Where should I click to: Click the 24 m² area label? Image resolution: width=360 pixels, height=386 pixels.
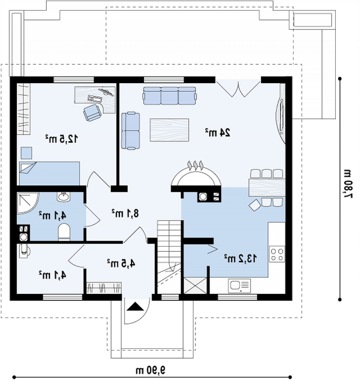(218, 133)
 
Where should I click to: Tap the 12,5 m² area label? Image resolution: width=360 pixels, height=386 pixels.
(62, 139)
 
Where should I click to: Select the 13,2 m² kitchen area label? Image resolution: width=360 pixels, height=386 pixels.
(240, 258)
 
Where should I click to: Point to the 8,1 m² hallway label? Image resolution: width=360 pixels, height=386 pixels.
(125, 213)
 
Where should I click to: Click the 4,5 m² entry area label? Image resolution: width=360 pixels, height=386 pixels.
(121, 263)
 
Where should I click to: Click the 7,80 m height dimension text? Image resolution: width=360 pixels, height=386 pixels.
(348, 183)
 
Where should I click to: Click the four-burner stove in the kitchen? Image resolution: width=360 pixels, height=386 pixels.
(277, 254)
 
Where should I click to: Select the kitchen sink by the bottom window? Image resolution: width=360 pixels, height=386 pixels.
(239, 286)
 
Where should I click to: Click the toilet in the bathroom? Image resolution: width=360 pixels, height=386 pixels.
(64, 232)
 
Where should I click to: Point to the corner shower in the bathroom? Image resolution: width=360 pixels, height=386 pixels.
(28, 204)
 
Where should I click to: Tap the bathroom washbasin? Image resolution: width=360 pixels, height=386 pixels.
(64, 197)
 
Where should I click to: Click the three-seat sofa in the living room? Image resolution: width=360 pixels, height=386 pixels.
(170, 96)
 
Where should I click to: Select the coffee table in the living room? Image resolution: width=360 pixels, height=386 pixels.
(169, 130)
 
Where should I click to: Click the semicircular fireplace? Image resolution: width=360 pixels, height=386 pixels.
(196, 175)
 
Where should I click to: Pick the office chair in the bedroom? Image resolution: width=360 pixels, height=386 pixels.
(93, 112)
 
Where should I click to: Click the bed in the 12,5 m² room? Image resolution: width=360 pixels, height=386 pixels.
(49, 173)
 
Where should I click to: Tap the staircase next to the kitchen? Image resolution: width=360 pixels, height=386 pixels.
(169, 257)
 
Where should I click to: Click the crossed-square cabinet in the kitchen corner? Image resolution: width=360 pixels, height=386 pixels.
(195, 285)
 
